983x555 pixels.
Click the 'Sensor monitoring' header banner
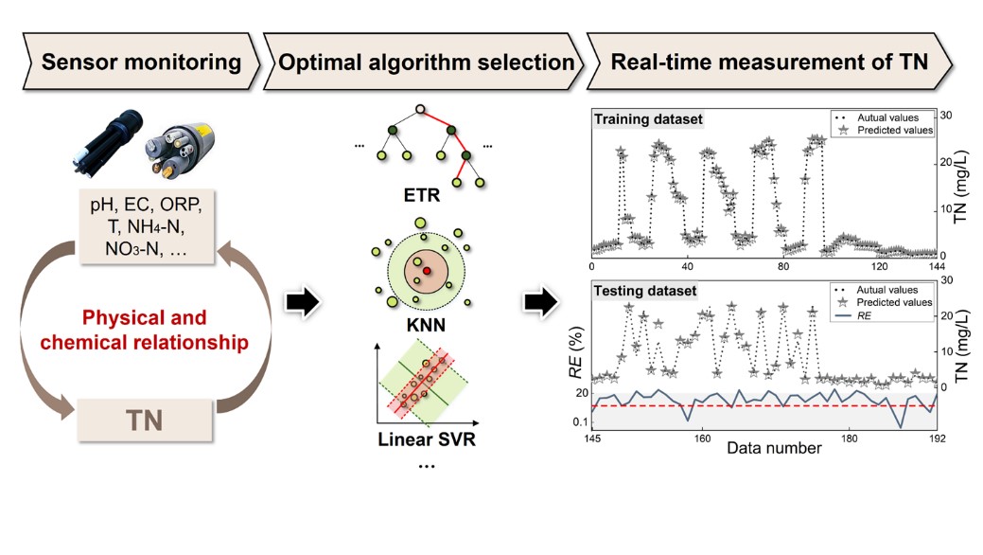pos(141,63)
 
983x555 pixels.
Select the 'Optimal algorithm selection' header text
pos(425,63)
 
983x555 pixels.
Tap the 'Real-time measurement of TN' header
pos(768,63)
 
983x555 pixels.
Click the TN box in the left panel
pos(145,418)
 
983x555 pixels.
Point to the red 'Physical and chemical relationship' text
pos(146,329)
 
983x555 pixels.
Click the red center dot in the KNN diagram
pos(427,272)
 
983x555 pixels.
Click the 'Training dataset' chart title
pos(645,120)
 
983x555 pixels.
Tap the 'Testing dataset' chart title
pos(643,290)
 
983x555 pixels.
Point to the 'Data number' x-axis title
pos(774,448)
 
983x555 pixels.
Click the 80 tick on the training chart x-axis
pos(782,267)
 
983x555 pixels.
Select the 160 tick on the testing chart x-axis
pos(701,438)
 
